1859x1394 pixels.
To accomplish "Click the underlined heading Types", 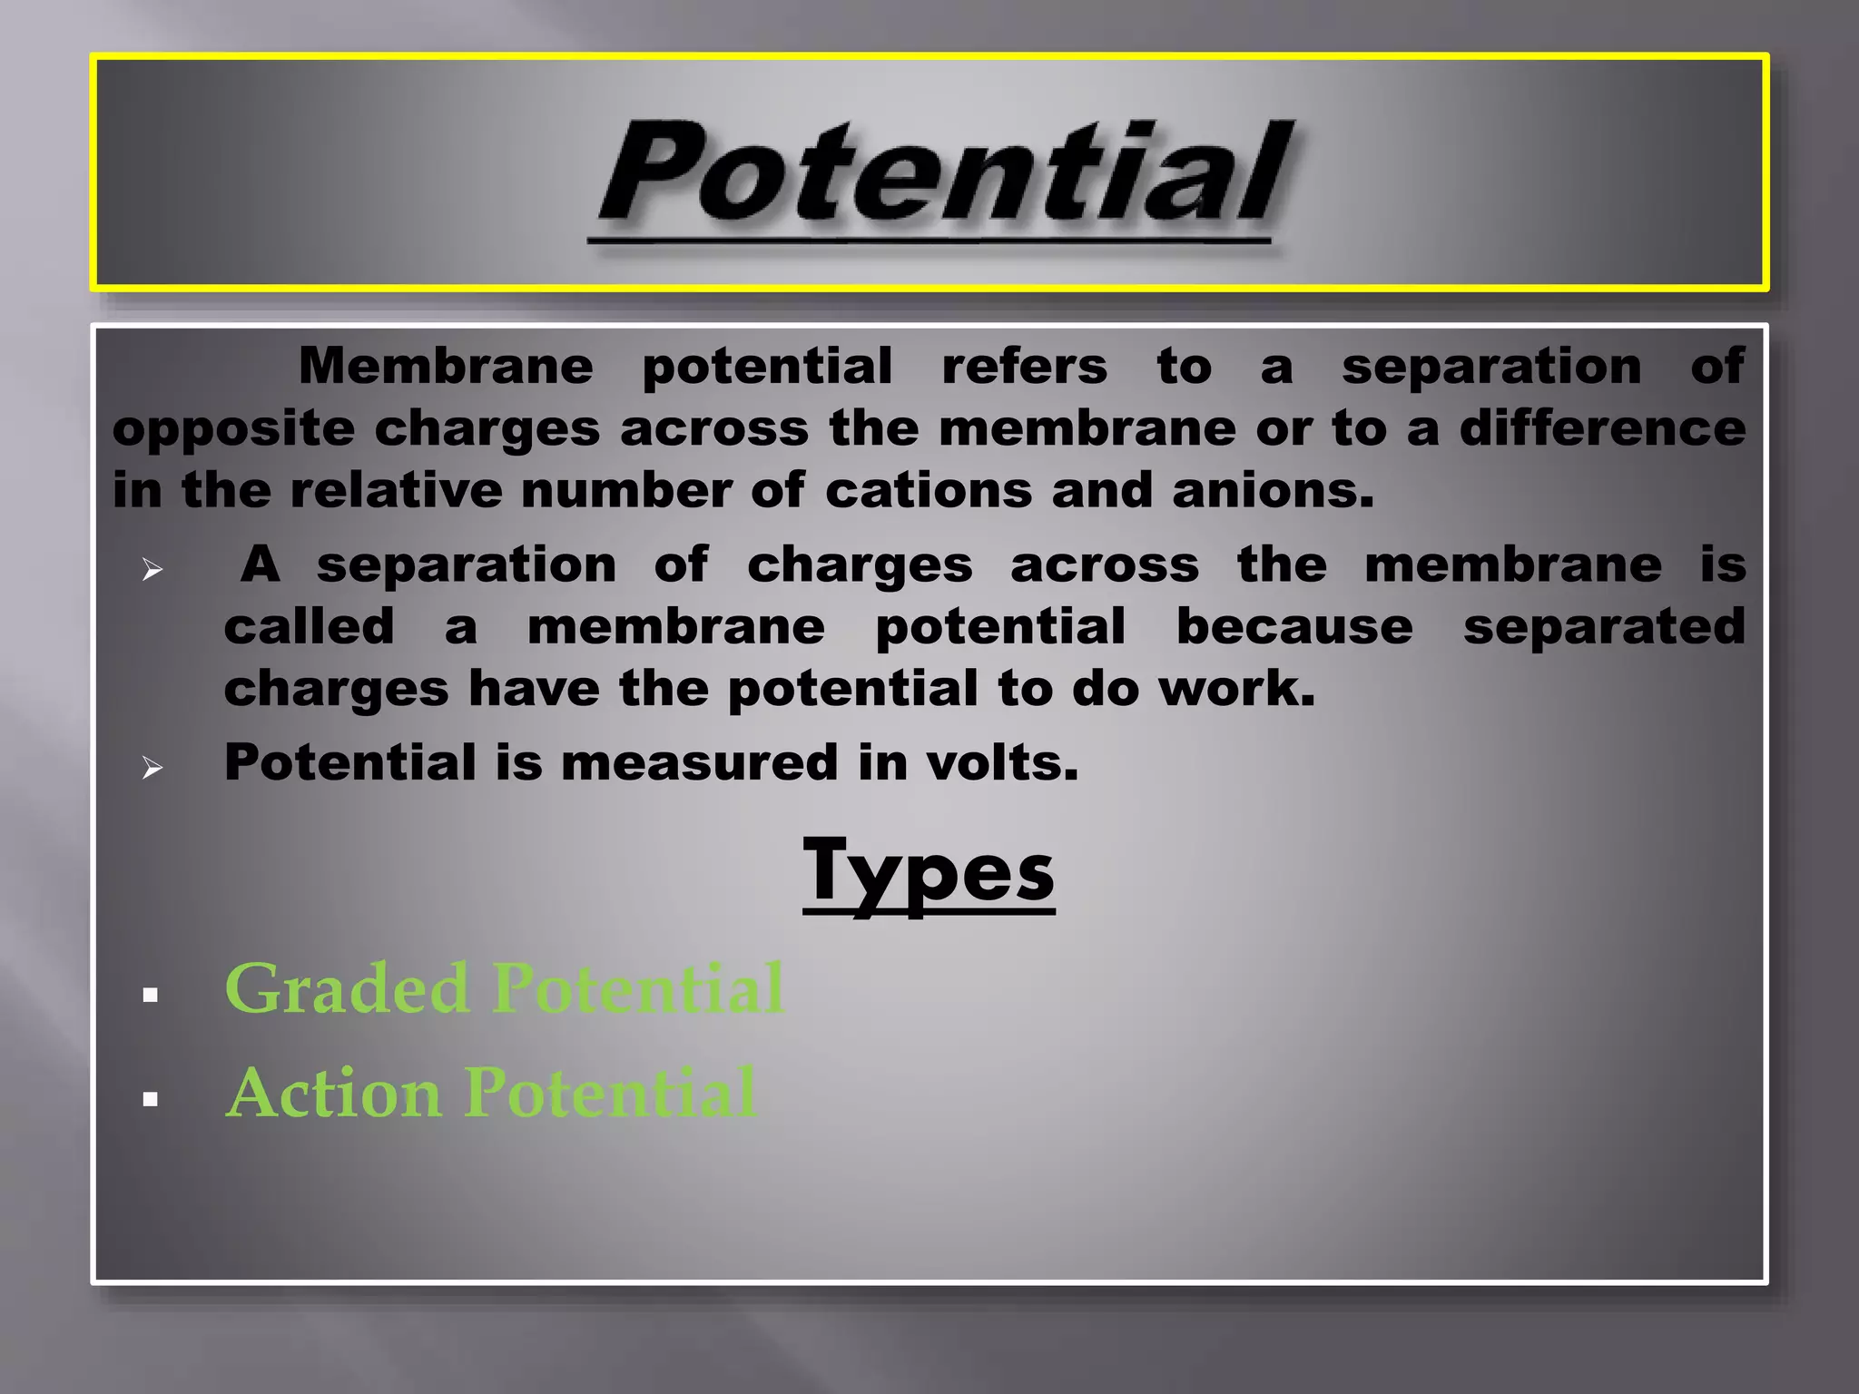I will pyautogui.click(x=929, y=871).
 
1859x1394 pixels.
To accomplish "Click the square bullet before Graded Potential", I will pyautogui.click(x=151, y=996).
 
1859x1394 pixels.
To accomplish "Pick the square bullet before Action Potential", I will pyautogui.click(x=151, y=1100).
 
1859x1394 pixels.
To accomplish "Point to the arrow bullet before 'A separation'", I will pyautogui.click(x=152, y=570).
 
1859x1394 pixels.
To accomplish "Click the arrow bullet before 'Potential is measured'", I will pyautogui.click(x=152, y=768).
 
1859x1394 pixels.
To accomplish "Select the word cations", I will pyautogui.click(x=928, y=491).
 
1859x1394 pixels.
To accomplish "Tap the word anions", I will pyautogui.click(x=1273, y=491).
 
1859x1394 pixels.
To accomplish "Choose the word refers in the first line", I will pyautogui.click(x=1024, y=367).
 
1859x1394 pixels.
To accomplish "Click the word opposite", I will pyautogui.click(x=233, y=429).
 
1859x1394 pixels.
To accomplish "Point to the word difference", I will pyautogui.click(x=1602, y=428).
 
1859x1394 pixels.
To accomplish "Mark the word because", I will pyautogui.click(x=1294, y=627).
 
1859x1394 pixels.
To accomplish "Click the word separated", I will pyautogui.click(x=1604, y=627).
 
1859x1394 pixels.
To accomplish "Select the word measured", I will pyautogui.click(x=699, y=762).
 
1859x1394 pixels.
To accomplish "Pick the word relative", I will pyautogui.click(x=396, y=491).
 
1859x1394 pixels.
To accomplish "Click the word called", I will pyautogui.click(x=310, y=627).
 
